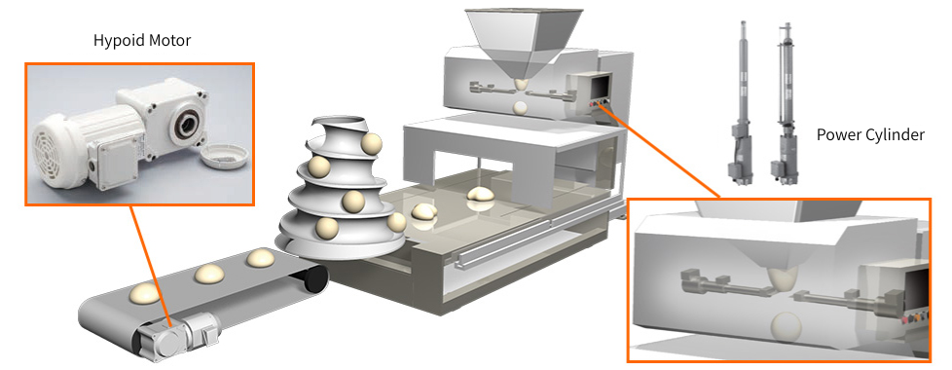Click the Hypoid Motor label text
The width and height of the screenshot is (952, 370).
tap(142, 41)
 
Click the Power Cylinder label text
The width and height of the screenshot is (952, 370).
tap(870, 134)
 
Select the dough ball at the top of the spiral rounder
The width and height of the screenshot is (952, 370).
tap(371, 144)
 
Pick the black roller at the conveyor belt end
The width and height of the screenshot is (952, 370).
tap(313, 278)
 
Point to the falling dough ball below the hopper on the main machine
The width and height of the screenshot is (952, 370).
tap(521, 108)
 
